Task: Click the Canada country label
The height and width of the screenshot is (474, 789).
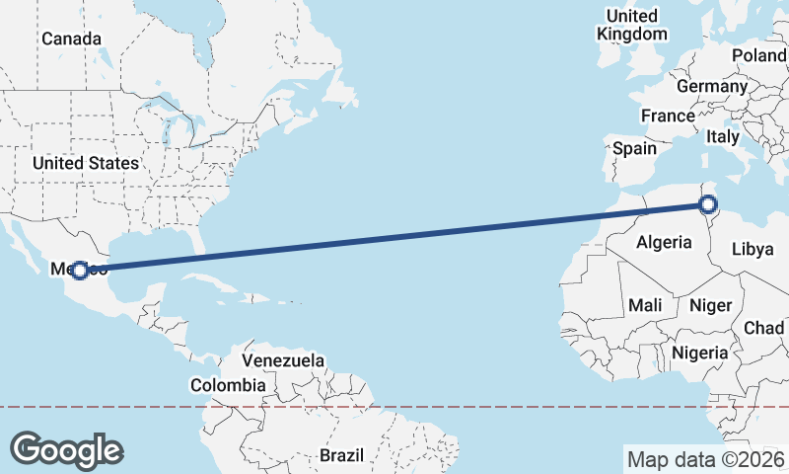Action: pos(71,39)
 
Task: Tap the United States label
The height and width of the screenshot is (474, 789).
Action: pos(85,163)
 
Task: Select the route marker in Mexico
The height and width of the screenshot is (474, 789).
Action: pos(81,269)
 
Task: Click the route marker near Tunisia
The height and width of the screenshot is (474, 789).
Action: pos(707,205)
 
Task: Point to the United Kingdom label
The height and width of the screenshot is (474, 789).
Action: pos(631,25)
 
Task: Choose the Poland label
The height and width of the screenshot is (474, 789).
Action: pos(758,55)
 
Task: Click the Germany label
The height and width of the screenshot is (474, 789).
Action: pos(711,86)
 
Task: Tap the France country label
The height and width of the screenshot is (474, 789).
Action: pos(668,116)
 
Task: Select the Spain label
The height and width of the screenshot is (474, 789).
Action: pos(634,148)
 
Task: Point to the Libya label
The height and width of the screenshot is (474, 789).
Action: pos(753,249)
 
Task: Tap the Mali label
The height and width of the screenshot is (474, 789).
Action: pos(645,305)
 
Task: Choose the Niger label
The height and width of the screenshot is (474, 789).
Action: pos(710,305)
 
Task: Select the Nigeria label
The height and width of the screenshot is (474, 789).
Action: pos(699,352)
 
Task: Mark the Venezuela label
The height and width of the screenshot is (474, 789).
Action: pos(283,360)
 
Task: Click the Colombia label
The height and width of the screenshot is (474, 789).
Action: pos(228,385)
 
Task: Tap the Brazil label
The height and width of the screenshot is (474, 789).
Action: pos(341,455)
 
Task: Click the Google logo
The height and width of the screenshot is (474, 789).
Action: pos(66,449)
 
